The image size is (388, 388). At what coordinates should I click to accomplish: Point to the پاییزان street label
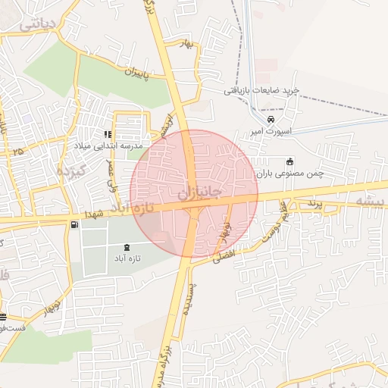[143, 74]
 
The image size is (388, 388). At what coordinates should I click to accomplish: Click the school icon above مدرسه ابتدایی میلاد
[118, 134]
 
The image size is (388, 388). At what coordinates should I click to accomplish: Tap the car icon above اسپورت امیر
[271, 120]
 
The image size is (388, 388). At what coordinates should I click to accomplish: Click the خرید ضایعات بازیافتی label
[261, 90]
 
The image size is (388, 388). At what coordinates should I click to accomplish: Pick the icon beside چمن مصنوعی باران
[289, 161]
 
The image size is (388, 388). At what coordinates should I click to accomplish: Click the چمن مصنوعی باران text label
[290, 173]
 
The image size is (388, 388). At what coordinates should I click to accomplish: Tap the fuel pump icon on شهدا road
[74, 224]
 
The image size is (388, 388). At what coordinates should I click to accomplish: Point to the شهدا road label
[102, 215]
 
